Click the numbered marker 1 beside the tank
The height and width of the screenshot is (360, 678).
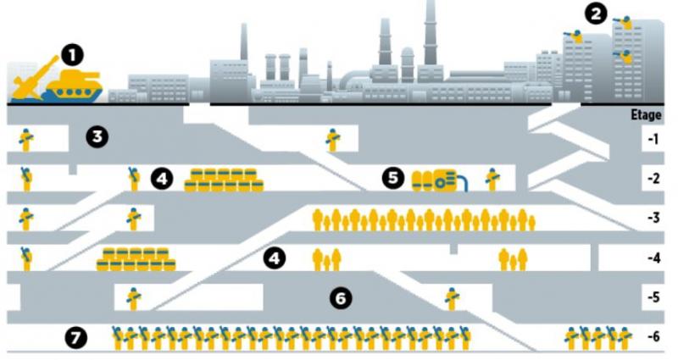point(73,56)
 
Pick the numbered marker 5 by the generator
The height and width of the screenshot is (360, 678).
point(392,178)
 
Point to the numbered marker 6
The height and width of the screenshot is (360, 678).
point(339,298)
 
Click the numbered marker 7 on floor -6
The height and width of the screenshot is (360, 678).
point(76,338)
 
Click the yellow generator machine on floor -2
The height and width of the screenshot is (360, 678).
point(436,180)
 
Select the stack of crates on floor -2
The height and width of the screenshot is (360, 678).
point(223,179)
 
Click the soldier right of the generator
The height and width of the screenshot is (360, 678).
point(492,178)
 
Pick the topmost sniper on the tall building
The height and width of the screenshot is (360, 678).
point(625,23)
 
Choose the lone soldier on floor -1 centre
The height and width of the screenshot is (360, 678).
point(332,139)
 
